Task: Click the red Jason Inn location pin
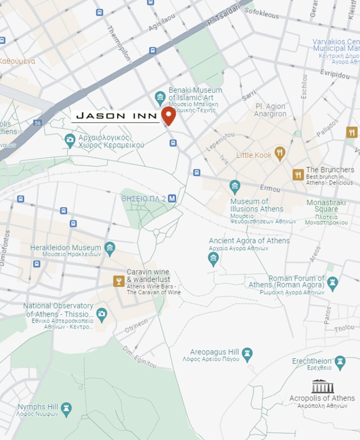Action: (x=168, y=115)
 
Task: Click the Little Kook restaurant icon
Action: (x=280, y=153)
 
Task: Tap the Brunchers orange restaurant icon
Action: (x=298, y=175)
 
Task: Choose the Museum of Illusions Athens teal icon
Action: (x=235, y=187)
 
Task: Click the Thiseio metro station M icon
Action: (x=172, y=198)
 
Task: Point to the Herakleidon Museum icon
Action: (x=110, y=248)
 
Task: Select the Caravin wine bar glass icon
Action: (x=119, y=281)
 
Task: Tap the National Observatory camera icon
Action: (x=102, y=313)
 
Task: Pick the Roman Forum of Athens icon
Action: (x=332, y=283)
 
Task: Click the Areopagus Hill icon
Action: (x=247, y=353)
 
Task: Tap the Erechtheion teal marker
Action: (x=340, y=362)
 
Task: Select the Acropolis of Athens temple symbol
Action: (x=322, y=386)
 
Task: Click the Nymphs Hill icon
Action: (x=67, y=408)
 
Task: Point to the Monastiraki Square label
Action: (x=326, y=205)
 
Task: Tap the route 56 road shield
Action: (x=37, y=122)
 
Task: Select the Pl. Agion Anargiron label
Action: (x=270, y=110)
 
